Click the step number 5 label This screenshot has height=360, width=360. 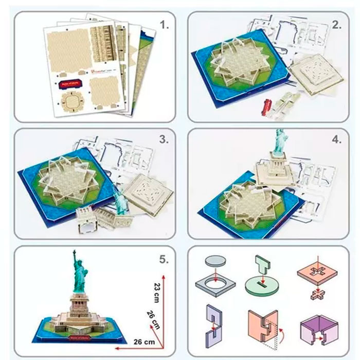[x=164, y=260]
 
